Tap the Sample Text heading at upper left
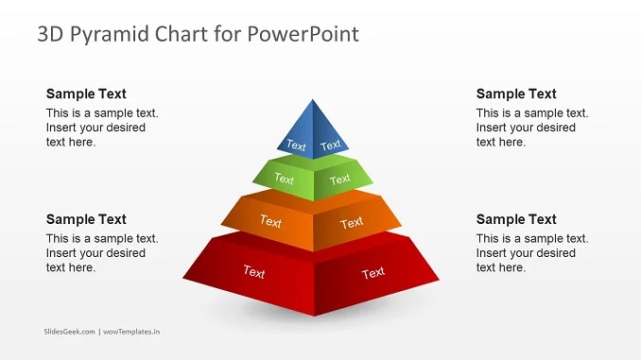tap(86, 94)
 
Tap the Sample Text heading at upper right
tap(516, 94)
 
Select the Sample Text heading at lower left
tap(86, 219)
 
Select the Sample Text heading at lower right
tap(516, 219)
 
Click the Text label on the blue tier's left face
tap(297, 146)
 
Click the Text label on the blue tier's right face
tap(331, 146)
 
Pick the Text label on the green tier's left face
tap(284, 178)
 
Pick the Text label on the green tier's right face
tap(340, 179)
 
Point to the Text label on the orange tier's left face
tap(270, 222)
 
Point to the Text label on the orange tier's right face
tap(352, 223)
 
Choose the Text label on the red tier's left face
tap(253, 272)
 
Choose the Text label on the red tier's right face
tap(373, 273)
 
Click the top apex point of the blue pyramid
tap(313, 98)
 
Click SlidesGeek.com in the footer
tap(69, 332)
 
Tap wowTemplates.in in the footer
tap(131, 332)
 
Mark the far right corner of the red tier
tap(439, 280)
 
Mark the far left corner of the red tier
tap(183, 279)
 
